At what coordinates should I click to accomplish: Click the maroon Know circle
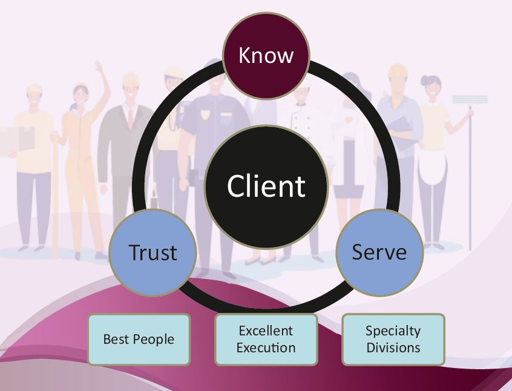click(x=266, y=56)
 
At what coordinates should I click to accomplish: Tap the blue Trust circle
click(x=153, y=252)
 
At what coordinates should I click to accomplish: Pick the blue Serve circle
click(x=379, y=252)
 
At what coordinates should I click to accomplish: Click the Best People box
click(x=139, y=339)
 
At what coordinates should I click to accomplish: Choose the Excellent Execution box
click(x=266, y=339)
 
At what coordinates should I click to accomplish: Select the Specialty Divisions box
click(x=393, y=339)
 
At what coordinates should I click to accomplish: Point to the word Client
click(x=266, y=186)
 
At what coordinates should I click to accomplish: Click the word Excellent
click(x=266, y=330)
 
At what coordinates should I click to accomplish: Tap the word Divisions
click(x=393, y=348)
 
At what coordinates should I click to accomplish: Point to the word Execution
click(x=266, y=348)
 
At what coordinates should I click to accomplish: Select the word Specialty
click(x=393, y=331)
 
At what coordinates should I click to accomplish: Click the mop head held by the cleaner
click(x=470, y=99)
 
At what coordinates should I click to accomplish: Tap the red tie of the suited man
click(x=130, y=119)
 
